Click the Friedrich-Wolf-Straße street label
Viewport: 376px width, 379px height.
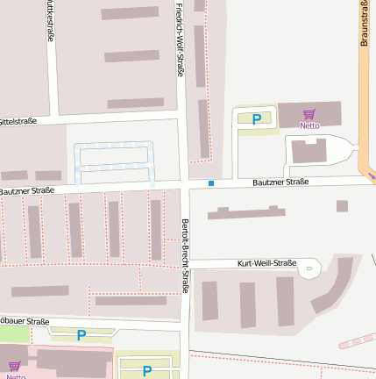tap(180, 39)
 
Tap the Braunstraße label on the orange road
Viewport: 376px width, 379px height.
tap(364, 23)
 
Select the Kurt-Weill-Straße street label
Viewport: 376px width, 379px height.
tap(267, 263)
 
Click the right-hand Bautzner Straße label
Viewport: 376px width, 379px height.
tap(280, 182)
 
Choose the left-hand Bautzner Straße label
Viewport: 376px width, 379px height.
tap(27, 190)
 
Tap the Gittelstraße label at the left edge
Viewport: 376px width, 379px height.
tap(18, 121)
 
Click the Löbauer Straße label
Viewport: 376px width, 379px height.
tap(25, 322)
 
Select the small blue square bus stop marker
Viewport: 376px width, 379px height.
tap(211, 183)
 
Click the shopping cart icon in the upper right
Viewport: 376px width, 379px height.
tap(309, 114)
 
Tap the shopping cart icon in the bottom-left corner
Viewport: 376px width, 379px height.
tap(14, 366)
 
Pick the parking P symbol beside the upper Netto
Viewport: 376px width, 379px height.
tap(257, 119)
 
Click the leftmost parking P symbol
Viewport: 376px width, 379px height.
tap(82, 334)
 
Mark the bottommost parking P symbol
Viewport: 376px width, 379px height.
tap(146, 370)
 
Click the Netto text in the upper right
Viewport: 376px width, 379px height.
tap(309, 125)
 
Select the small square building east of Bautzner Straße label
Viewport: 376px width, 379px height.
tap(342, 206)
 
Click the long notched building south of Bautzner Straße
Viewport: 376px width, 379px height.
tap(245, 212)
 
